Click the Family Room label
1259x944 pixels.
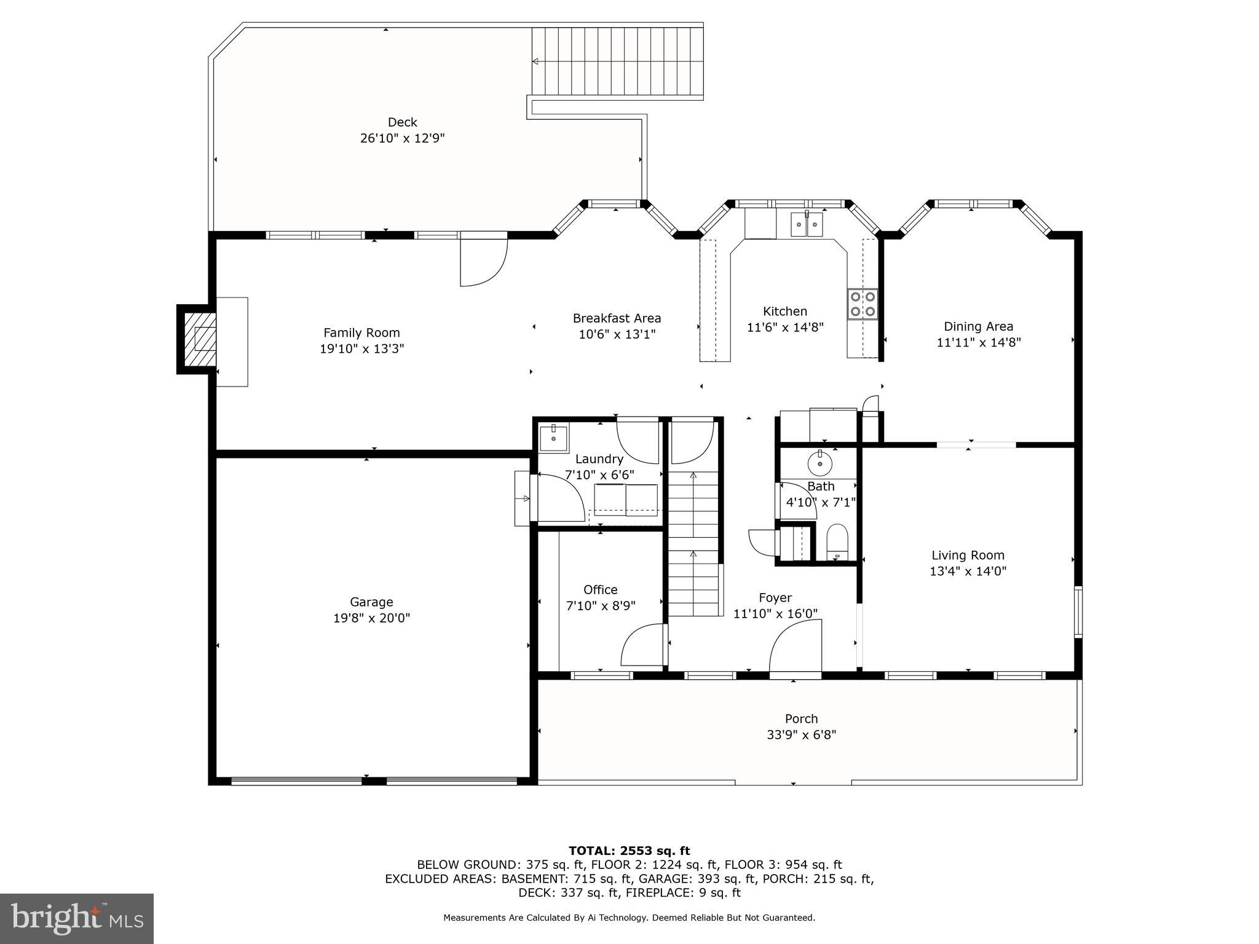361,332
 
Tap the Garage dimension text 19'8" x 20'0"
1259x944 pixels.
371,618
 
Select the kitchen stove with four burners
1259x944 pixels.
862,304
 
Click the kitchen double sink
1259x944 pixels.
807,224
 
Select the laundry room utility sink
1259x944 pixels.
554,437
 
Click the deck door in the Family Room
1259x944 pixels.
484,261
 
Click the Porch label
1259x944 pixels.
801,718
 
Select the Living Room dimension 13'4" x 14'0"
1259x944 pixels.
968,571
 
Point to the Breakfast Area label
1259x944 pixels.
617,318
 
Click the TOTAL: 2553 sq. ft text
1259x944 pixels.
629,851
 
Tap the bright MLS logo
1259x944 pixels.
76,918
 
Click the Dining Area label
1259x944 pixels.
978,326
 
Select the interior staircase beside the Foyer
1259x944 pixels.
693,541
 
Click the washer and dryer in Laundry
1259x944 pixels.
625,499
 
